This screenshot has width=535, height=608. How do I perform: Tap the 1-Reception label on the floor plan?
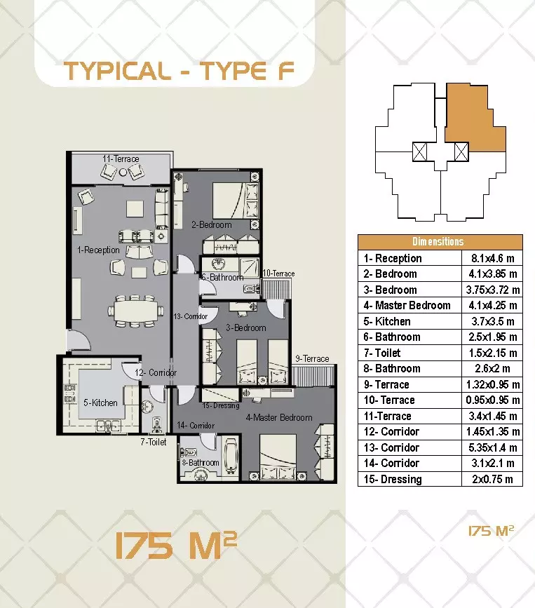coord(98,250)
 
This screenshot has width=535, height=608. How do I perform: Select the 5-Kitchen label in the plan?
coord(100,403)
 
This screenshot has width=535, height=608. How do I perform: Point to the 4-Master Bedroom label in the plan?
coord(278,418)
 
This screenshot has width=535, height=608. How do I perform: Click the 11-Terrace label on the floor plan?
coord(121,159)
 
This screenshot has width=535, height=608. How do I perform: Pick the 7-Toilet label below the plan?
coord(153,442)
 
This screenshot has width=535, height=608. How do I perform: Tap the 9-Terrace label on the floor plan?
coord(312,358)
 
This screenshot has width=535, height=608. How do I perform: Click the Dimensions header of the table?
coord(440,242)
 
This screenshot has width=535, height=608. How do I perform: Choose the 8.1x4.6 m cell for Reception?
coord(494,258)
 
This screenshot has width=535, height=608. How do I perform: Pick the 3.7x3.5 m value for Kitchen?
coord(494,321)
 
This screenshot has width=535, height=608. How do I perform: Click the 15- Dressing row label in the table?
coord(393,480)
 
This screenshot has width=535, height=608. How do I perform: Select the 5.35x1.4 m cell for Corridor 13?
coord(494,447)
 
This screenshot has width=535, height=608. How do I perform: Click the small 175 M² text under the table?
coord(491,532)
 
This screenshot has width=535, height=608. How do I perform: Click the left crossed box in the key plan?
coord(420,150)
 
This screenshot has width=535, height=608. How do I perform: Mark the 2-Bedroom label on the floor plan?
coord(211,225)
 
